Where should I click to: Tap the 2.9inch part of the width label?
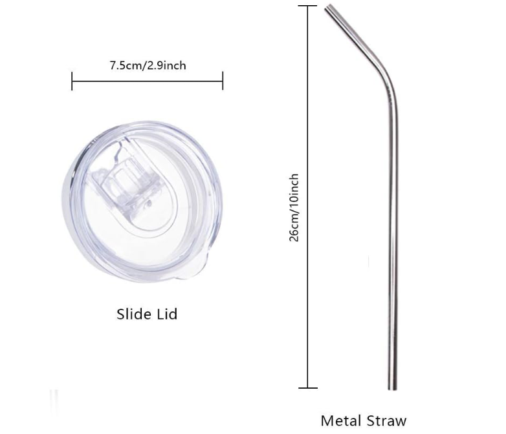tap(168, 65)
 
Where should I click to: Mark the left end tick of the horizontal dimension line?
tap(72, 81)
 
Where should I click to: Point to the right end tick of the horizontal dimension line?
tap(223, 81)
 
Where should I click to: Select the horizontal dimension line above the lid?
tap(148, 81)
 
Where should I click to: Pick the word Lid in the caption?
tap(166, 315)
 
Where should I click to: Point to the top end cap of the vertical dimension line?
tap(307, 6)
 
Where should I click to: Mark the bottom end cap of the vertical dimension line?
tap(307, 388)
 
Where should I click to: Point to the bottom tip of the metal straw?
tap(393, 387)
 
